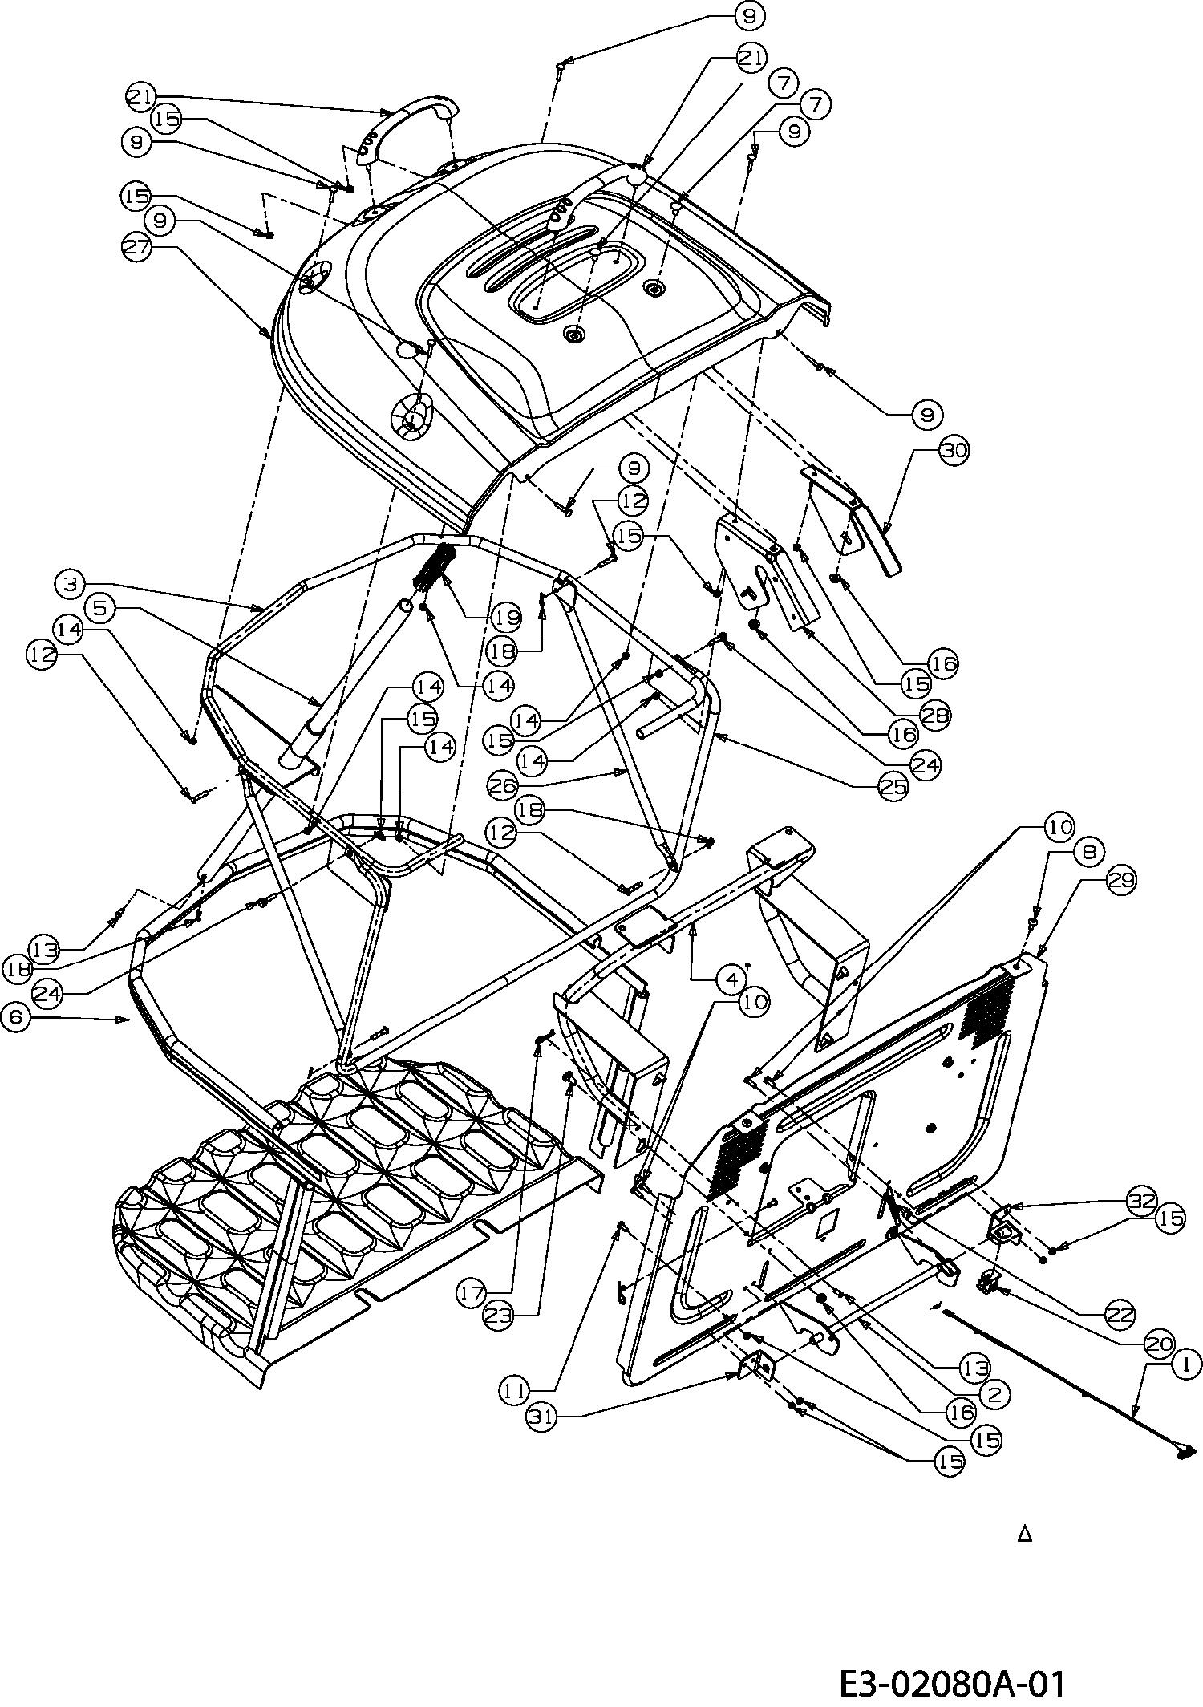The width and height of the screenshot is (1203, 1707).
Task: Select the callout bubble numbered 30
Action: [953, 451]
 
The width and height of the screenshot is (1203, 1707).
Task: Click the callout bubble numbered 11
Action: [516, 1387]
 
